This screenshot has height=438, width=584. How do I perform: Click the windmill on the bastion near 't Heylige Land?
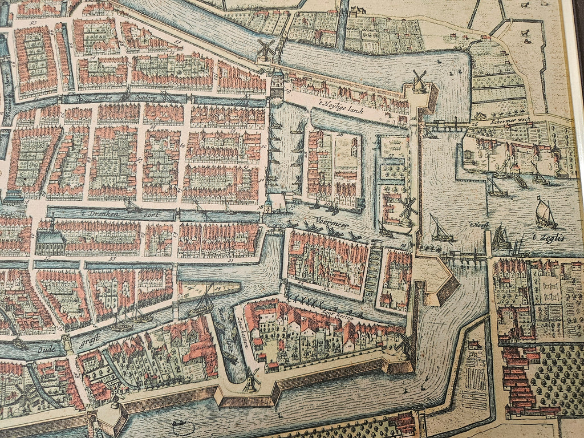(x=419, y=81)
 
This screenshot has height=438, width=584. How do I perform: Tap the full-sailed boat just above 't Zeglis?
(x=545, y=213)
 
